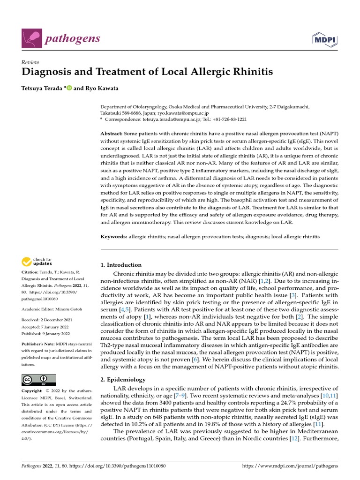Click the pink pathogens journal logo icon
coord(31,38)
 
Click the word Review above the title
coord(30,62)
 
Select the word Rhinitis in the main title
coord(252,72)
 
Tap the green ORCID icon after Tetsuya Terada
coord(69,88)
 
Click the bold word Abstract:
coord(113,134)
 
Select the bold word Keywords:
coord(114,237)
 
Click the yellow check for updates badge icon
coord(27,262)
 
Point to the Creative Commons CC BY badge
coord(38,380)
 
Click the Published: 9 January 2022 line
coord(45,333)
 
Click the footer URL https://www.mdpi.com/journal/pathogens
coord(289,466)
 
